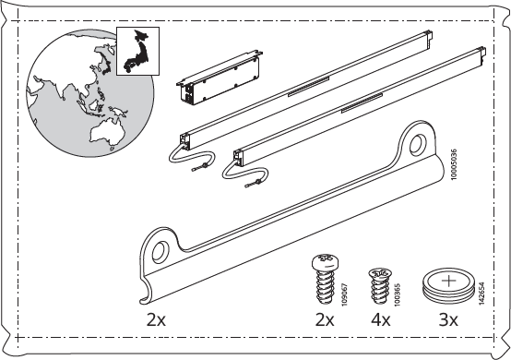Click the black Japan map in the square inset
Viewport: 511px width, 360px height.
(137, 53)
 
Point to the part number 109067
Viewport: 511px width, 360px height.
(344, 294)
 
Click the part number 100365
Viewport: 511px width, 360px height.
(397, 294)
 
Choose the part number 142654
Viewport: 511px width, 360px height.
(482, 294)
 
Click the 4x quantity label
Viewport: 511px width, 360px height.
(381, 320)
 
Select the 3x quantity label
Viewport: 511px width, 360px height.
(448, 320)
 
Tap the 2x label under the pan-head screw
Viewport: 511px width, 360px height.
(325, 320)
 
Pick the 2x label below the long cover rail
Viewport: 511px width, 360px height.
(156, 320)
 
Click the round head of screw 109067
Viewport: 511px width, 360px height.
(326, 262)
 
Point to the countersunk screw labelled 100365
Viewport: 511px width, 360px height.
(380, 285)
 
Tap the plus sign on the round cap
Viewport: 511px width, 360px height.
(449, 281)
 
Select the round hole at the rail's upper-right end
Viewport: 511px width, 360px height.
(418, 144)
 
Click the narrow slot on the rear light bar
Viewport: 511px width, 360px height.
(309, 87)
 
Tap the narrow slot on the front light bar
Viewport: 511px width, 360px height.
(362, 103)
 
